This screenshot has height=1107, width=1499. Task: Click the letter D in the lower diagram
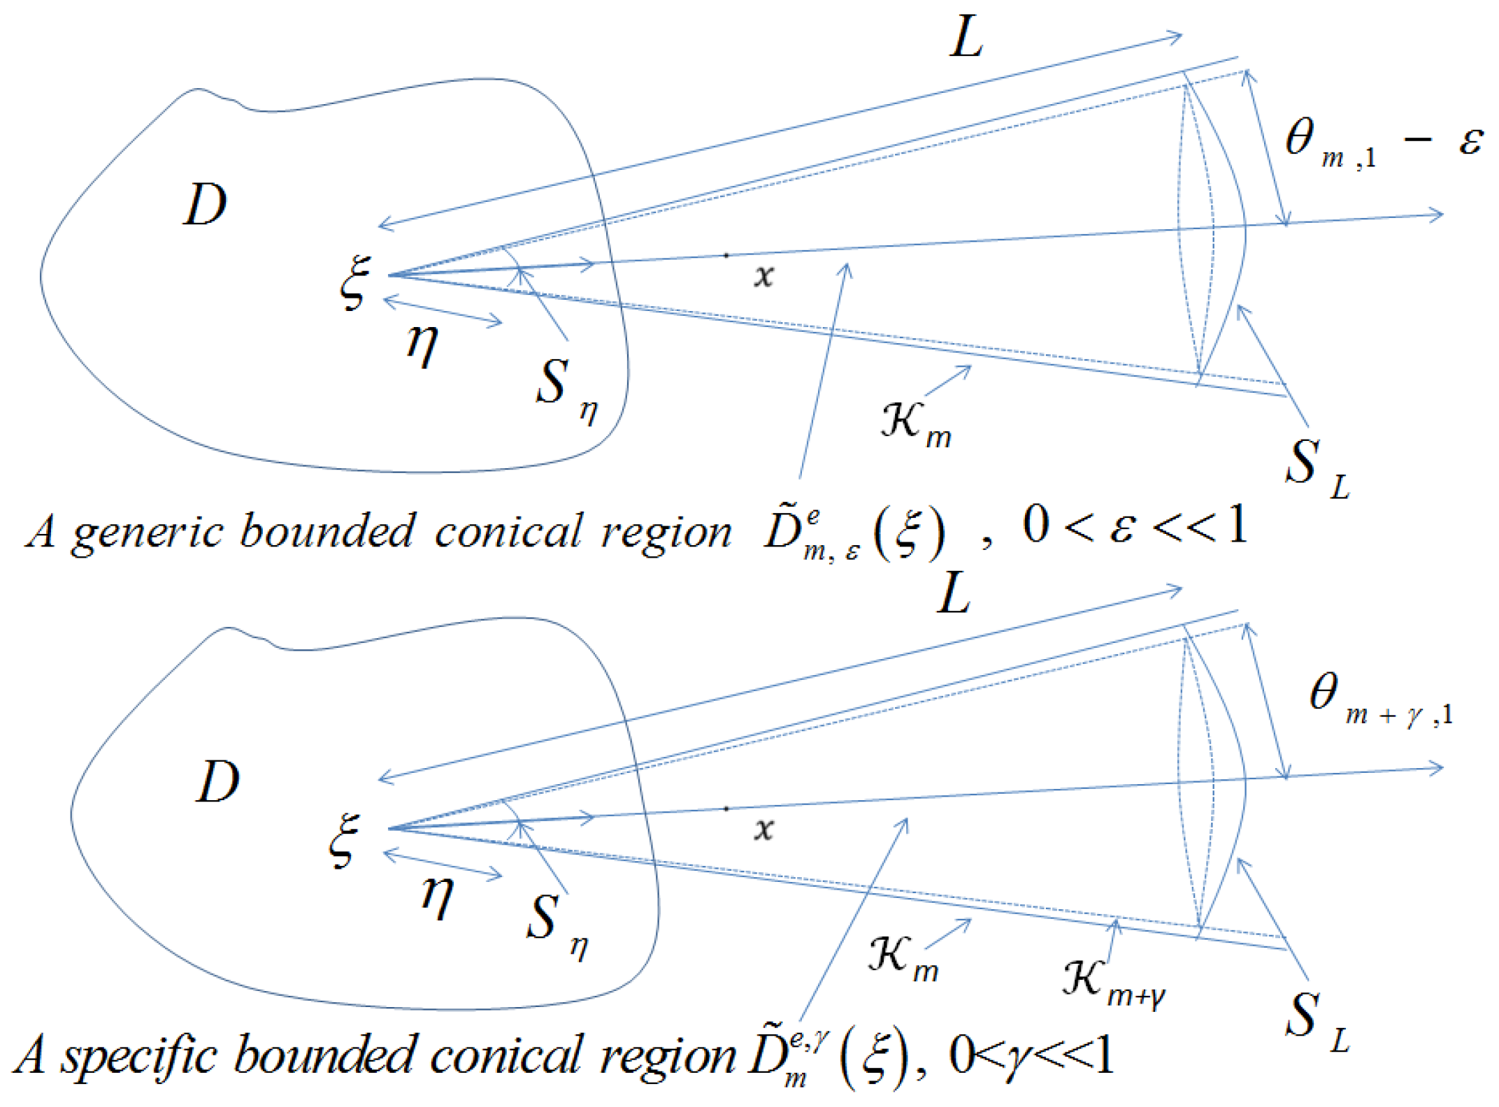click(x=217, y=782)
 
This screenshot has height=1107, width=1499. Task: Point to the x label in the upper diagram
click(x=764, y=276)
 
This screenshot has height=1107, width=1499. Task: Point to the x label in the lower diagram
click(x=764, y=830)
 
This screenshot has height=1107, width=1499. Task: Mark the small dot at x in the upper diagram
click(x=726, y=256)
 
